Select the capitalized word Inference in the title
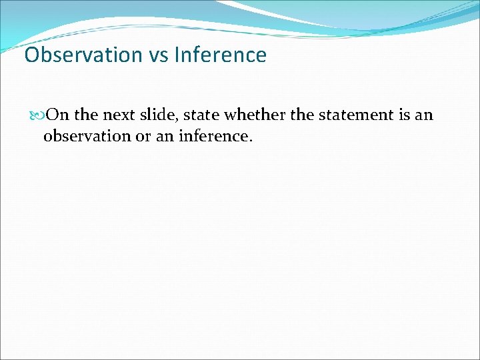220,55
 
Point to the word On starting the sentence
59,115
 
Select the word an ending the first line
424,115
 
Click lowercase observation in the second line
87,137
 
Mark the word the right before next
85,115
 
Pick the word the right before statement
302,115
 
